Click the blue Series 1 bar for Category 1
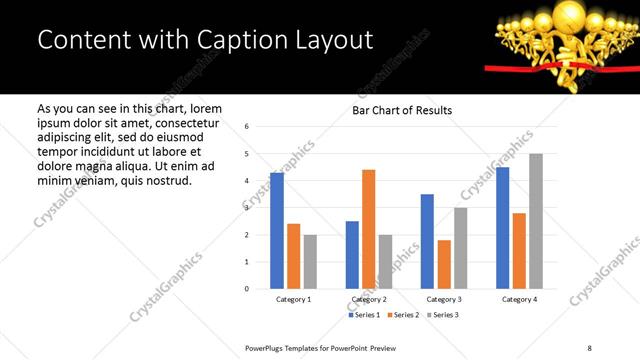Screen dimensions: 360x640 coord(277,231)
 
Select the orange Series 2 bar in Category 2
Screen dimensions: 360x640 coord(368,229)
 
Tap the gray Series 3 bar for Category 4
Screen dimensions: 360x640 coord(535,221)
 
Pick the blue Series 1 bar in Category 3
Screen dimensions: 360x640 coord(427,241)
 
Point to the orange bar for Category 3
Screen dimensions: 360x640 coord(444,264)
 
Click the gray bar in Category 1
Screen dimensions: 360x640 coord(310,262)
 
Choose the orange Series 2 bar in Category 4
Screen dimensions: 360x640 coord(518,251)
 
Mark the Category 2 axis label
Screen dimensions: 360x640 coord(369,300)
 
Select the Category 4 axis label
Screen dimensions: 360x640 coord(519,300)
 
